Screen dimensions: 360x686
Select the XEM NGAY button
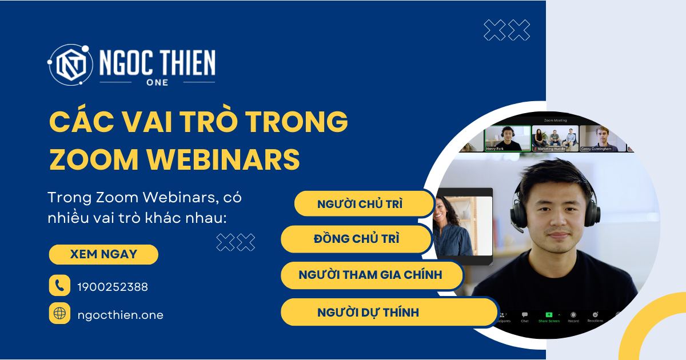(x=103, y=254)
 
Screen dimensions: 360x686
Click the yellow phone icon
(x=59, y=286)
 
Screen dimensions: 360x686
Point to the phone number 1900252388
(x=113, y=287)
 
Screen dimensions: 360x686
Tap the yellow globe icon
(x=59, y=313)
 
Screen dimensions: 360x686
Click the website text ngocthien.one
(x=120, y=314)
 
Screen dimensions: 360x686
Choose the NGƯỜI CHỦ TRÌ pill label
(x=360, y=204)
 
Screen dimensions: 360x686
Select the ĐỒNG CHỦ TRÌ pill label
(x=356, y=239)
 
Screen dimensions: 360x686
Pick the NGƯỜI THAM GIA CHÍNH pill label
(x=370, y=275)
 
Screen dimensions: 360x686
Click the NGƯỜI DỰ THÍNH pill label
(x=368, y=312)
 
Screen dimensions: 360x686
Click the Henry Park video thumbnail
(x=506, y=138)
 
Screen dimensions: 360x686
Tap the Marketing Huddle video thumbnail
(x=555, y=138)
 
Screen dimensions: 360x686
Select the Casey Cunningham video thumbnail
(x=603, y=138)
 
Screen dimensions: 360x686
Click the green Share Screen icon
(x=549, y=314)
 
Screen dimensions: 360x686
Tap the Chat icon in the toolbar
(x=525, y=315)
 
